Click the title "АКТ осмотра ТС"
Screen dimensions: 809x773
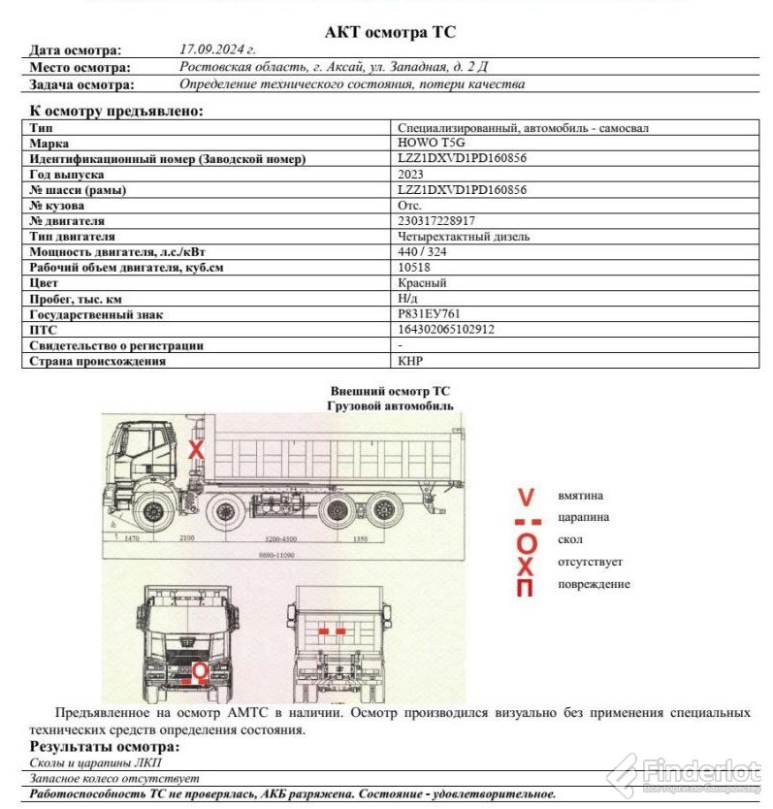point(390,32)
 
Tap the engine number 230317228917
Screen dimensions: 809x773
point(436,221)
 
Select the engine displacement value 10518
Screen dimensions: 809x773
point(414,268)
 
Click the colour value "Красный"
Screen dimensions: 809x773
point(422,283)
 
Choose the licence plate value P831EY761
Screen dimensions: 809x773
point(429,314)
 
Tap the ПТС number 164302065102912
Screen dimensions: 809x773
point(446,330)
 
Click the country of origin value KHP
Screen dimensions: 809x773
point(411,361)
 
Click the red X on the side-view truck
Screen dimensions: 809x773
point(196,451)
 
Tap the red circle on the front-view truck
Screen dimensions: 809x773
point(200,671)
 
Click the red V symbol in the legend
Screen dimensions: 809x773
point(526,498)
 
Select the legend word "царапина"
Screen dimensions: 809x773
point(584,518)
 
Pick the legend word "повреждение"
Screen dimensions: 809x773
point(594,584)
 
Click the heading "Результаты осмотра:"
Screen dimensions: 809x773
point(105,747)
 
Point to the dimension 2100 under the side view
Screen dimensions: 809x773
point(186,537)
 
